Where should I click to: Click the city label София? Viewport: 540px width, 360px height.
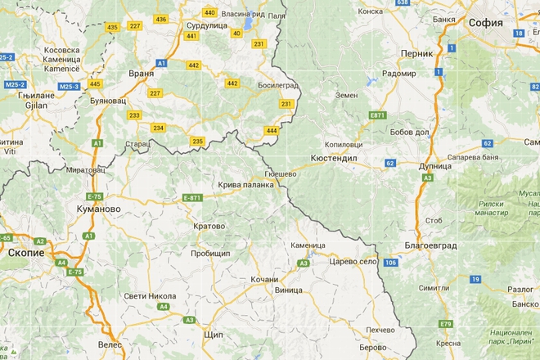(x=486, y=22)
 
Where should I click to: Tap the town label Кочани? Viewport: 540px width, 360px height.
(x=264, y=279)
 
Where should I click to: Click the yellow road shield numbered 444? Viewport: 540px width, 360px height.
(x=271, y=130)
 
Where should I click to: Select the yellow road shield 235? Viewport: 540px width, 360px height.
(x=197, y=142)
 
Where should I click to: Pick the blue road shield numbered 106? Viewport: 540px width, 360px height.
(x=391, y=262)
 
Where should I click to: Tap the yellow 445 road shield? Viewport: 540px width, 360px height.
(x=96, y=84)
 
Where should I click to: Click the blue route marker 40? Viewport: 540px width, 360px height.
(x=237, y=34)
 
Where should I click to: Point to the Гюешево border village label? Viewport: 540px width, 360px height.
(x=282, y=174)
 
